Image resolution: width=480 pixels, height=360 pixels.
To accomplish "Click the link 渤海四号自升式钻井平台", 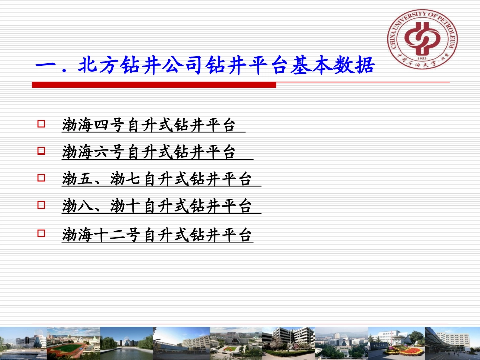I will point(149,125).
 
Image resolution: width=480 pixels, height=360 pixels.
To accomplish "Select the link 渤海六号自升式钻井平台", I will point(149,151).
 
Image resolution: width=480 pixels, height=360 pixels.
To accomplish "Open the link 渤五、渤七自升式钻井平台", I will point(157,179).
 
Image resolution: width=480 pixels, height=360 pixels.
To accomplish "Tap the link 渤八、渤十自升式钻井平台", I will point(157,206).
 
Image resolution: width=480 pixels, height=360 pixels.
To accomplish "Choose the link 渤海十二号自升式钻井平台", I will point(157,235).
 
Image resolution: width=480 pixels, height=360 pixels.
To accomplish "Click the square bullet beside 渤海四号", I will point(41,123).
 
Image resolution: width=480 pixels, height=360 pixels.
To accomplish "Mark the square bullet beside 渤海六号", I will point(41,150).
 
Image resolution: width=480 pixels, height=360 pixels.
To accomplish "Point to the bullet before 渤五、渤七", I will point(41,177).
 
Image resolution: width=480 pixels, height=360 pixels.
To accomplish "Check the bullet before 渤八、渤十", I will point(41,204).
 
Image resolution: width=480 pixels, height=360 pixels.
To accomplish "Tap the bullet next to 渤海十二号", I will point(41,233).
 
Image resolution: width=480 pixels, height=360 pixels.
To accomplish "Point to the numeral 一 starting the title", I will point(46,66).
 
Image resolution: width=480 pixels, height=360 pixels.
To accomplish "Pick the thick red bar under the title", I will point(154,85).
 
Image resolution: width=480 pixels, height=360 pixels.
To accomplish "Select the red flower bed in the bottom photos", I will point(397,349).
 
